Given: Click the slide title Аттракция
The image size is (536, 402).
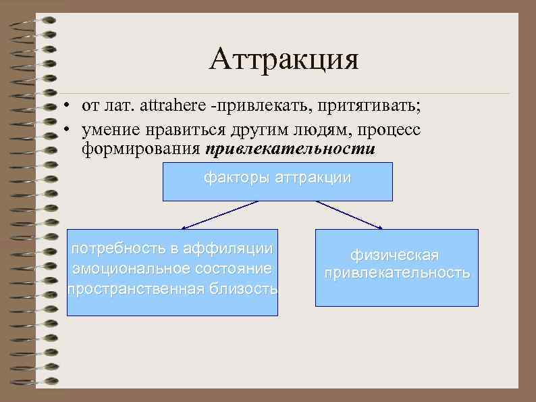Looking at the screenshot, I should pos(284,60).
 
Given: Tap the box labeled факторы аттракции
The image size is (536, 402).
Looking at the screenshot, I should pos(277,181).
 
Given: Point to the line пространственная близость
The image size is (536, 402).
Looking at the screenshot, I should pos(172,289).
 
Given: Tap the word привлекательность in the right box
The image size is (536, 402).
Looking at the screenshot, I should pos(396,273).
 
